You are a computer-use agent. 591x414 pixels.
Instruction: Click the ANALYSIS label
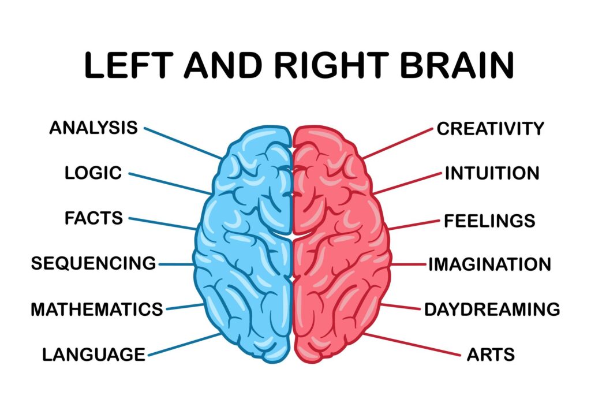pos(93,128)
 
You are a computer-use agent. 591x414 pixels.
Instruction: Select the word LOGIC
pos(93,173)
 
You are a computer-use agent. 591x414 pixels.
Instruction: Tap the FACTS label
pos(93,218)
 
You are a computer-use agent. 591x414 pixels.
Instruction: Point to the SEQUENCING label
pos(93,263)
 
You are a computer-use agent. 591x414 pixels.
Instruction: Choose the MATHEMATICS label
pos(96,309)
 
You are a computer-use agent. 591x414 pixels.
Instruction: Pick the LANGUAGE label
pos(93,354)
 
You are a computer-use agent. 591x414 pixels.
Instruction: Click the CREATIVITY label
pos(490,128)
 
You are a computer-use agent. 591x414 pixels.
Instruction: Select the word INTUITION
pos(492,173)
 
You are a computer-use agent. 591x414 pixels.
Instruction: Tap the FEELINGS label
pos(489,220)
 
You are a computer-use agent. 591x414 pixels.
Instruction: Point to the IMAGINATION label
pos(489,264)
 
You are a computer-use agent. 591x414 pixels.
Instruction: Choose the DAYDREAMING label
pos(492,309)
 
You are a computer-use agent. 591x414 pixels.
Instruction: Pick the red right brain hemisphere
pos(341,243)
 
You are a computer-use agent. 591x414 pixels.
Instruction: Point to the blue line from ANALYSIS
pos(182,143)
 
